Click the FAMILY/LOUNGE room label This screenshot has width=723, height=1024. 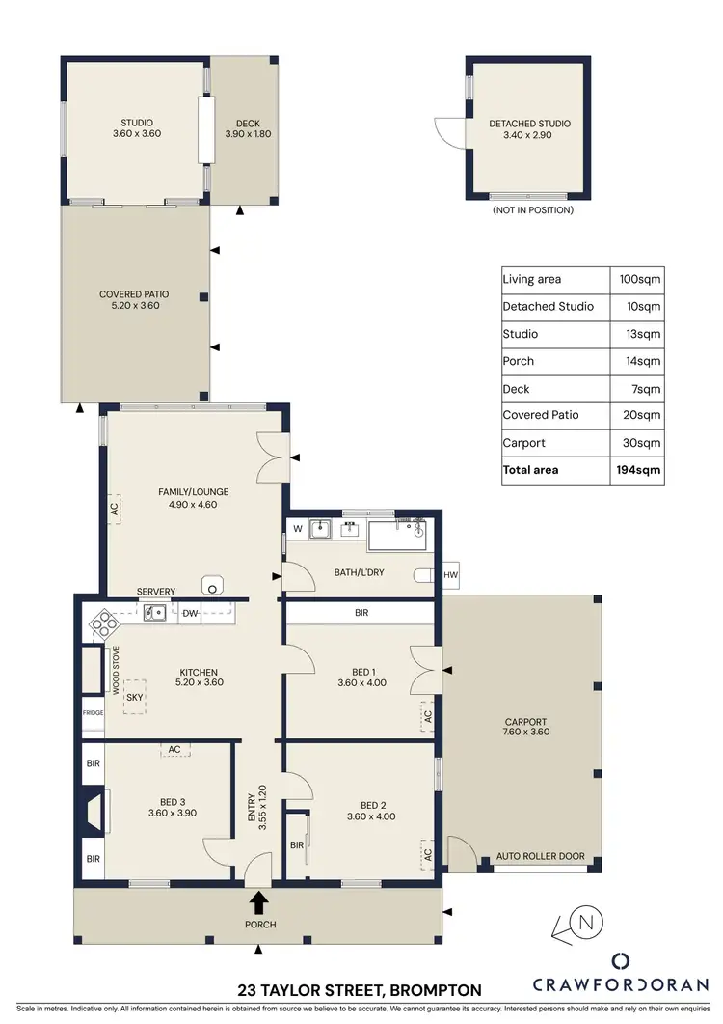click(x=194, y=492)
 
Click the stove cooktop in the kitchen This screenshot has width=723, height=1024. click(x=100, y=624)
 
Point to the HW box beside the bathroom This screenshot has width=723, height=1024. click(x=450, y=575)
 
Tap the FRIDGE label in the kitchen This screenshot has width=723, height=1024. click(x=92, y=713)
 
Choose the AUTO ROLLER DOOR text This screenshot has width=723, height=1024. click(x=540, y=856)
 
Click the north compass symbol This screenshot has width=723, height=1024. click(x=585, y=923)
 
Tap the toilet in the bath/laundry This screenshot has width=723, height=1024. click(x=422, y=575)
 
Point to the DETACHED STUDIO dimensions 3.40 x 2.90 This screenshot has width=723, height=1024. click(x=529, y=136)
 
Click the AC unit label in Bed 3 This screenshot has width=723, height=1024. click(x=174, y=749)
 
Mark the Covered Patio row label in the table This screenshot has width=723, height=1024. click(x=541, y=415)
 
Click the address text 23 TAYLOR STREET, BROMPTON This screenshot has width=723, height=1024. click(x=360, y=990)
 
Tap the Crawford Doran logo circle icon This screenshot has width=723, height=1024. click(x=622, y=960)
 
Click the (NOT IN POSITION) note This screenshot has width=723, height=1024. click(x=532, y=209)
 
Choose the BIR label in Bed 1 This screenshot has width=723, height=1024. click(x=361, y=613)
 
